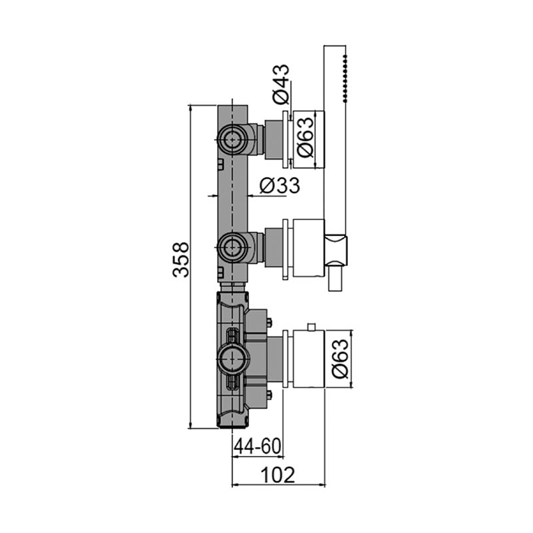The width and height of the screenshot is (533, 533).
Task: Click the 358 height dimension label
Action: click(x=180, y=260)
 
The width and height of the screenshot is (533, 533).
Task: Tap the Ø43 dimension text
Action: click(x=281, y=85)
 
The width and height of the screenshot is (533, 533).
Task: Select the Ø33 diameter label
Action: click(x=279, y=186)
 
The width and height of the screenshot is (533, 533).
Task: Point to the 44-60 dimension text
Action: click(x=258, y=446)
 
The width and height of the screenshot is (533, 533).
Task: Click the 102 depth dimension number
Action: click(x=278, y=475)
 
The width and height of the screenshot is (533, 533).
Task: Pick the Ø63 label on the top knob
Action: click(x=305, y=137)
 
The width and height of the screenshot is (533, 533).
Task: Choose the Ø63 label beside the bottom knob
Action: click(x=340, y=359)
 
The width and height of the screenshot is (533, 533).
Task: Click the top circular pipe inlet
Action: click(x=232, y=139)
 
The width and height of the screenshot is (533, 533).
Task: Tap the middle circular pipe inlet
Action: click(x=232, y=247)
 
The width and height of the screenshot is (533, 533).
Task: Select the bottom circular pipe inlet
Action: click(x=233, y=359)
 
